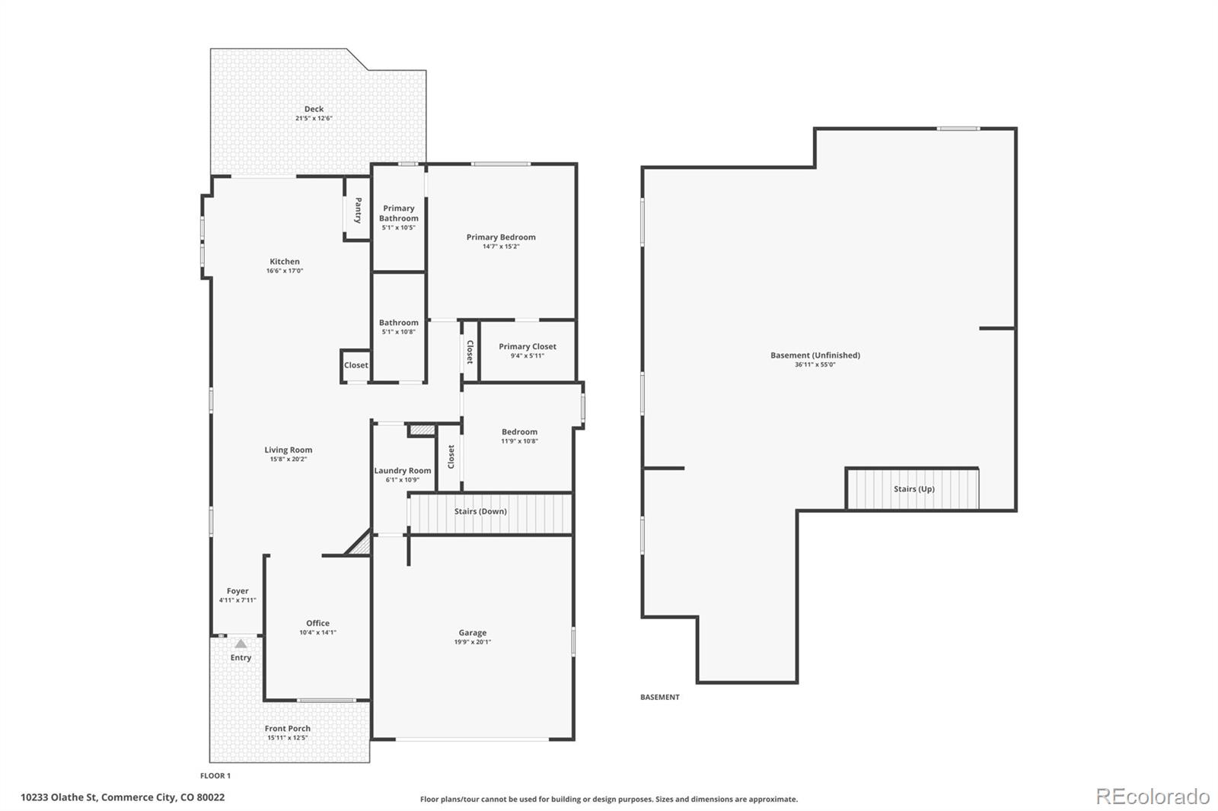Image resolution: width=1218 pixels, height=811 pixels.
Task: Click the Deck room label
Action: point(314,110)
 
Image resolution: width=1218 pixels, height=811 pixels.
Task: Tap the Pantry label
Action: point(358,211)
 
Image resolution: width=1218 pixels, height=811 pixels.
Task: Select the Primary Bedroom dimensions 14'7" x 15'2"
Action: point(501,246)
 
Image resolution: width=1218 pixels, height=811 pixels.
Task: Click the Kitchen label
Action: point(285,262)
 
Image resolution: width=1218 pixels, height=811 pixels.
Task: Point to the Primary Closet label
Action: point(528,346)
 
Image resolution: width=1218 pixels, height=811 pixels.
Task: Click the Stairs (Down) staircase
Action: point(490,513)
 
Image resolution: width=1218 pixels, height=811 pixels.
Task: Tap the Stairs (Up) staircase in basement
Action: point(913,488)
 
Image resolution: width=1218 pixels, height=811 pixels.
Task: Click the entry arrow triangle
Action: point(241,644)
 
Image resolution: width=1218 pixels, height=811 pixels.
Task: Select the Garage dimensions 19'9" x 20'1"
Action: point(473,642)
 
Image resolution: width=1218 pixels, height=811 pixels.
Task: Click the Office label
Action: point(317,623)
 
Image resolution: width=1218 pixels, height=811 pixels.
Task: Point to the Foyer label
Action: point(238,591)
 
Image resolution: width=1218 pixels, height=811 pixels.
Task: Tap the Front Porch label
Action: point(288,728)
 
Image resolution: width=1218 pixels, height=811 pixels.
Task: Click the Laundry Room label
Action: point(403,471)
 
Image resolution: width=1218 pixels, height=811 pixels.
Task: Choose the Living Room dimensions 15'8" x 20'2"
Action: point(289,460)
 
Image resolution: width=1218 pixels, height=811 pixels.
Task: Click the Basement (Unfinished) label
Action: point(815,355)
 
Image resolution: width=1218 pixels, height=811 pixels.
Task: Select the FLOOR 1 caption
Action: point(215,776)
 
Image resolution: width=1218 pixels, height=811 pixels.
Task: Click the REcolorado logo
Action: point(1153,797)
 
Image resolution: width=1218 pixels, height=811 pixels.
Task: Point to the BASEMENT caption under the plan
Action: point(659,697)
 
